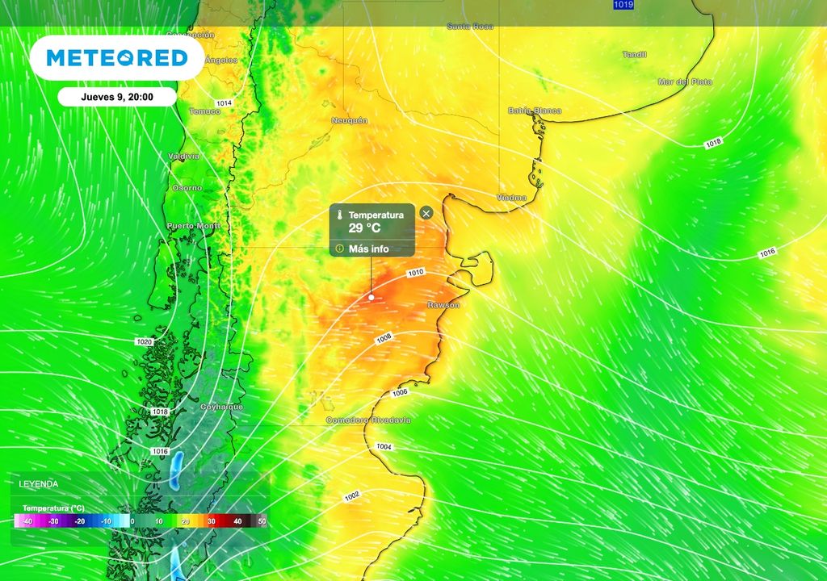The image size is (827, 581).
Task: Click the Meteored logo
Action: (117, 58)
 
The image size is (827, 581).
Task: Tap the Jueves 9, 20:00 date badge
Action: (117, 96)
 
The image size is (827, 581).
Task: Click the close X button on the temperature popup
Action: (426, 213)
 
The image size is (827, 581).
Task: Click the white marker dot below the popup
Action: (372, 297)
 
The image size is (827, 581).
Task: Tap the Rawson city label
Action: (443, 305)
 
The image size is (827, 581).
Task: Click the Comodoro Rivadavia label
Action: (368, 420)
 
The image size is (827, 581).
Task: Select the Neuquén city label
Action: (350, 120)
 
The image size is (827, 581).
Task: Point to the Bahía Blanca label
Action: (535, 111)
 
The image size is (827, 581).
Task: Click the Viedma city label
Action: (511, 197)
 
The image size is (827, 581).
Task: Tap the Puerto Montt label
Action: (193, 226)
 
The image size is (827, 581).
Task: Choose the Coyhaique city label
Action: (221, 407)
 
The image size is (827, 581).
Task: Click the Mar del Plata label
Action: (685, 82)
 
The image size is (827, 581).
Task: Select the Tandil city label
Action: (635, 55)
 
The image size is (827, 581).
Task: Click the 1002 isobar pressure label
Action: (352, 495)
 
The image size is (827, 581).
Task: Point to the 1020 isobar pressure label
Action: (145, 342)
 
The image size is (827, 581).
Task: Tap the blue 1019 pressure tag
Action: (623, 5)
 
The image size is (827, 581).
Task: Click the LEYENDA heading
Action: (39, 483)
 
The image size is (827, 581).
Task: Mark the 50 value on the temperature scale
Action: (262, 522)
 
